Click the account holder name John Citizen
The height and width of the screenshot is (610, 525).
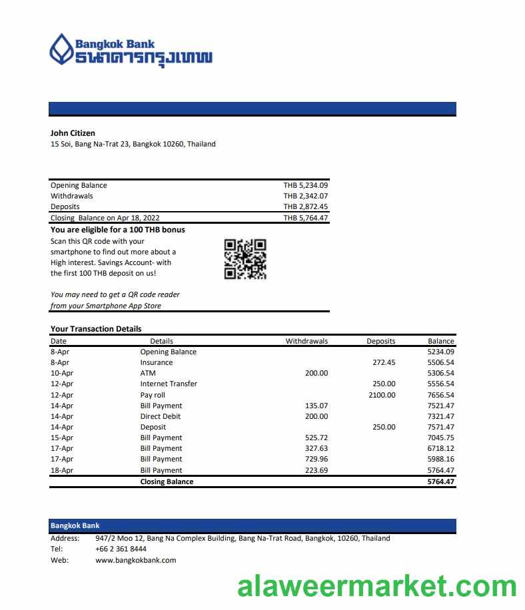pyautogui.click(x=73, y=133)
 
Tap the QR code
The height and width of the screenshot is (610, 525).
pyautogui.click(x=245, y=259)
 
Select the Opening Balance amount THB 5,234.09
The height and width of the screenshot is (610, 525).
pyautogui.click(x=305, y=185)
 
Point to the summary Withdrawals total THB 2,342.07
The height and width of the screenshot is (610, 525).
pyautogui.click(x=305, y=196)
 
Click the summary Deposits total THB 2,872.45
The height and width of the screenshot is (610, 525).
pyautogui.click(x=305, y=206)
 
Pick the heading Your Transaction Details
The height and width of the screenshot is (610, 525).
pyautogui.click(x=96, y=329)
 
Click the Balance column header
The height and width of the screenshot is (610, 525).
pyautogui.click(x=440, y=341)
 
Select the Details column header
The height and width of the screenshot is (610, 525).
pyautogui.click(x=161, y=341)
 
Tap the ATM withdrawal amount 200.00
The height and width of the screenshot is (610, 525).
pyautogui.click(x=316, y=373)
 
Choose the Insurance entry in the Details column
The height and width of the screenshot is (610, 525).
pyautogui.click(x=156, y=362)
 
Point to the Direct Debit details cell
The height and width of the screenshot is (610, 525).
pyautogui.click(x=160, y=416)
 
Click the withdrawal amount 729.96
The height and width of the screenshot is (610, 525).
pyautogui.click(x=316, y=459)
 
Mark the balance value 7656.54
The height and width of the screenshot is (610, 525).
pyautogui.click(x=440, y=395)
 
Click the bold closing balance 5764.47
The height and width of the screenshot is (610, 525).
pyautogui.click(x=440, y=481)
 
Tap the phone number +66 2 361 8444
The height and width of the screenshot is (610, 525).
pyautogui.click(x=121, y=549)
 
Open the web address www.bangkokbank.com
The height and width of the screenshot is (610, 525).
pyautogui.click(x=135, y=560)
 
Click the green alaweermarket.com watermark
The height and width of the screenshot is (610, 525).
pyautogui.click(x=377, y=587)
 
